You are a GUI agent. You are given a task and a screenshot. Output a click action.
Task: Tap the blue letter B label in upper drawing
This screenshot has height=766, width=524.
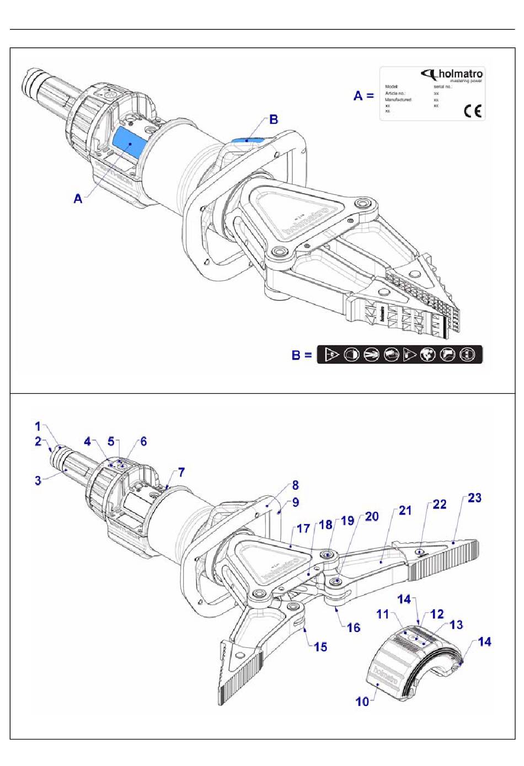point(273,119)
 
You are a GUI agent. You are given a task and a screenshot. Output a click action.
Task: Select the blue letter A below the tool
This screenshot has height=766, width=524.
point(78,199)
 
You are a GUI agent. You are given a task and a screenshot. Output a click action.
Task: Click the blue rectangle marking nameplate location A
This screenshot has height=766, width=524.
point(129,143)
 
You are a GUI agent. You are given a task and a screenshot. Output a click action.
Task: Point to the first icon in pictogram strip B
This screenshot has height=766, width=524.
point(331,355)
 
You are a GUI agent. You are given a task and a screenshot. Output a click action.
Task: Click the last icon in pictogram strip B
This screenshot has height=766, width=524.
point(468,355)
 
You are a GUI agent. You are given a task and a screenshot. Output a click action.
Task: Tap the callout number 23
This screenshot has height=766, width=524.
point(474,498)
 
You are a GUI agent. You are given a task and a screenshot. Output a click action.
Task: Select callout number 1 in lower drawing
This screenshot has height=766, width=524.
point(38,426)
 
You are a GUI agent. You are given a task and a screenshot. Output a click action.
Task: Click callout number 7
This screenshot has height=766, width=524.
point(181,473)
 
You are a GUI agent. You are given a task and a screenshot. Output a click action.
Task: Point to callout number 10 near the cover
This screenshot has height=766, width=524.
point(362,701)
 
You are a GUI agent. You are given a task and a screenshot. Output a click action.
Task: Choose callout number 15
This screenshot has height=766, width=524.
point(320,647)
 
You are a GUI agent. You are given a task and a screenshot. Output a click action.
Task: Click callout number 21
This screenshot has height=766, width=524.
point(405,511)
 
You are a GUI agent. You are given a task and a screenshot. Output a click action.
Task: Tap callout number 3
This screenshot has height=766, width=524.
point(38,480)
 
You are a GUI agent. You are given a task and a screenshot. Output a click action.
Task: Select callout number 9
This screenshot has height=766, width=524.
point(296,502)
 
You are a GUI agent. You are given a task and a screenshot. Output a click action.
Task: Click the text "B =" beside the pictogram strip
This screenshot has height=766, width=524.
point(301,355)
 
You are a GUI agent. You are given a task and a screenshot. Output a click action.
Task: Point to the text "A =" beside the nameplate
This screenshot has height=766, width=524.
point(363,95)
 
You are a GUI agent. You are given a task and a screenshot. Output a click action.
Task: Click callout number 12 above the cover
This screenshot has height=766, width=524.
point(437,614)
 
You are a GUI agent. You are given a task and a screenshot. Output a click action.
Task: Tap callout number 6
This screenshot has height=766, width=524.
point(143,442)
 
